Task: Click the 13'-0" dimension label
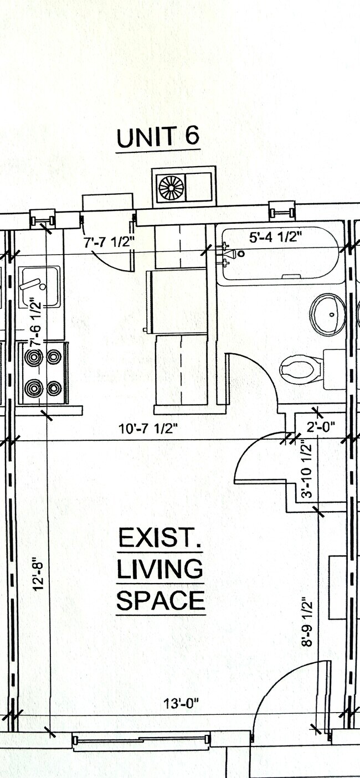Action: coord(181,704)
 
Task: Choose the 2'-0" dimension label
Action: coord(321,426)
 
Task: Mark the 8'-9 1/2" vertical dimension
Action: coord(307,621)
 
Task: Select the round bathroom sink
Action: coord(327,315)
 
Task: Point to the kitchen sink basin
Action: coord(39,286)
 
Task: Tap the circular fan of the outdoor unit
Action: coord(171,187)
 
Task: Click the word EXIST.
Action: coord(160,538)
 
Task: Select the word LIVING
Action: coord(160,569)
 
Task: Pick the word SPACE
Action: coord(161,600)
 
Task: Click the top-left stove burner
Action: coord(34,357)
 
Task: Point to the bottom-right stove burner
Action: coord(54,388)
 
